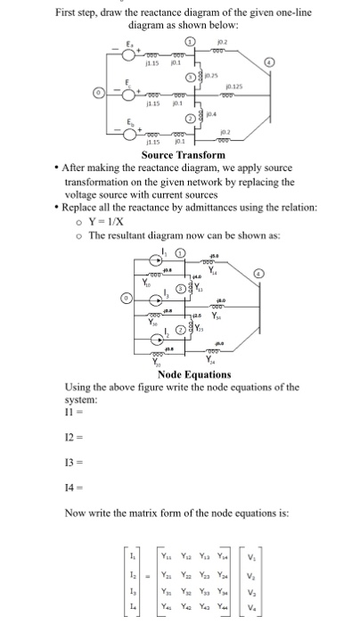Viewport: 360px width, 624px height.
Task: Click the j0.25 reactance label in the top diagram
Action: click(213, 78)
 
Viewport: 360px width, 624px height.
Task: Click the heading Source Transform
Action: click(184, 155)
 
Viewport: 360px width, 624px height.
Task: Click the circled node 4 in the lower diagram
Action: click(261, 274)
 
